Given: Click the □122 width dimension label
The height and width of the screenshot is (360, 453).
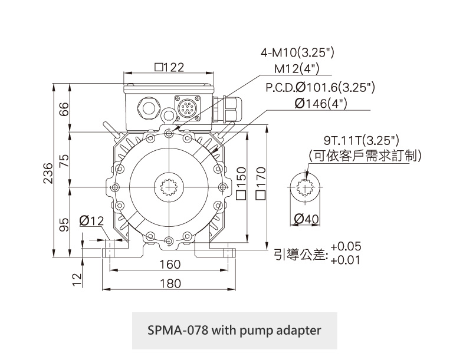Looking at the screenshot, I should click(169, 67).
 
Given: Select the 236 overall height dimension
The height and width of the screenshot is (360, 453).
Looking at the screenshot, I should click(49, 173).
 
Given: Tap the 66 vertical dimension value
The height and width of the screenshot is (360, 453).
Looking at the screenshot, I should click(64, 108).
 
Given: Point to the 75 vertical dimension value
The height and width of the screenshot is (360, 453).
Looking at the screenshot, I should click(64, 159).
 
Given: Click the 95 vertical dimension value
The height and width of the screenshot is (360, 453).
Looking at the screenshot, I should click(64, 223).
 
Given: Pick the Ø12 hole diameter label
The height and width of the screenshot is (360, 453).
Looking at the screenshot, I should click(91, 221).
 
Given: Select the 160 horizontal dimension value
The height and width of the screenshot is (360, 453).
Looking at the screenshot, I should click(170, 265).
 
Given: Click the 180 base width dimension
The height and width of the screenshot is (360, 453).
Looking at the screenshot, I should click(170, 283).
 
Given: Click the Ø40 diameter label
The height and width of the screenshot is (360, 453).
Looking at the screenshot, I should click(306, 219).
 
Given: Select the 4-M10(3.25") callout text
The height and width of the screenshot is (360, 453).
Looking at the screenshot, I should click(297, 52).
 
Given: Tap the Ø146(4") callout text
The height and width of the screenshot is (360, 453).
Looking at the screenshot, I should click(320, 104).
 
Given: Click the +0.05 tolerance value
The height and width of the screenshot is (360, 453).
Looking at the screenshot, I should click(346, 246).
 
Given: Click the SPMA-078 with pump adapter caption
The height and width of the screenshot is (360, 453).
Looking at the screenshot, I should click(234, 330).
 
